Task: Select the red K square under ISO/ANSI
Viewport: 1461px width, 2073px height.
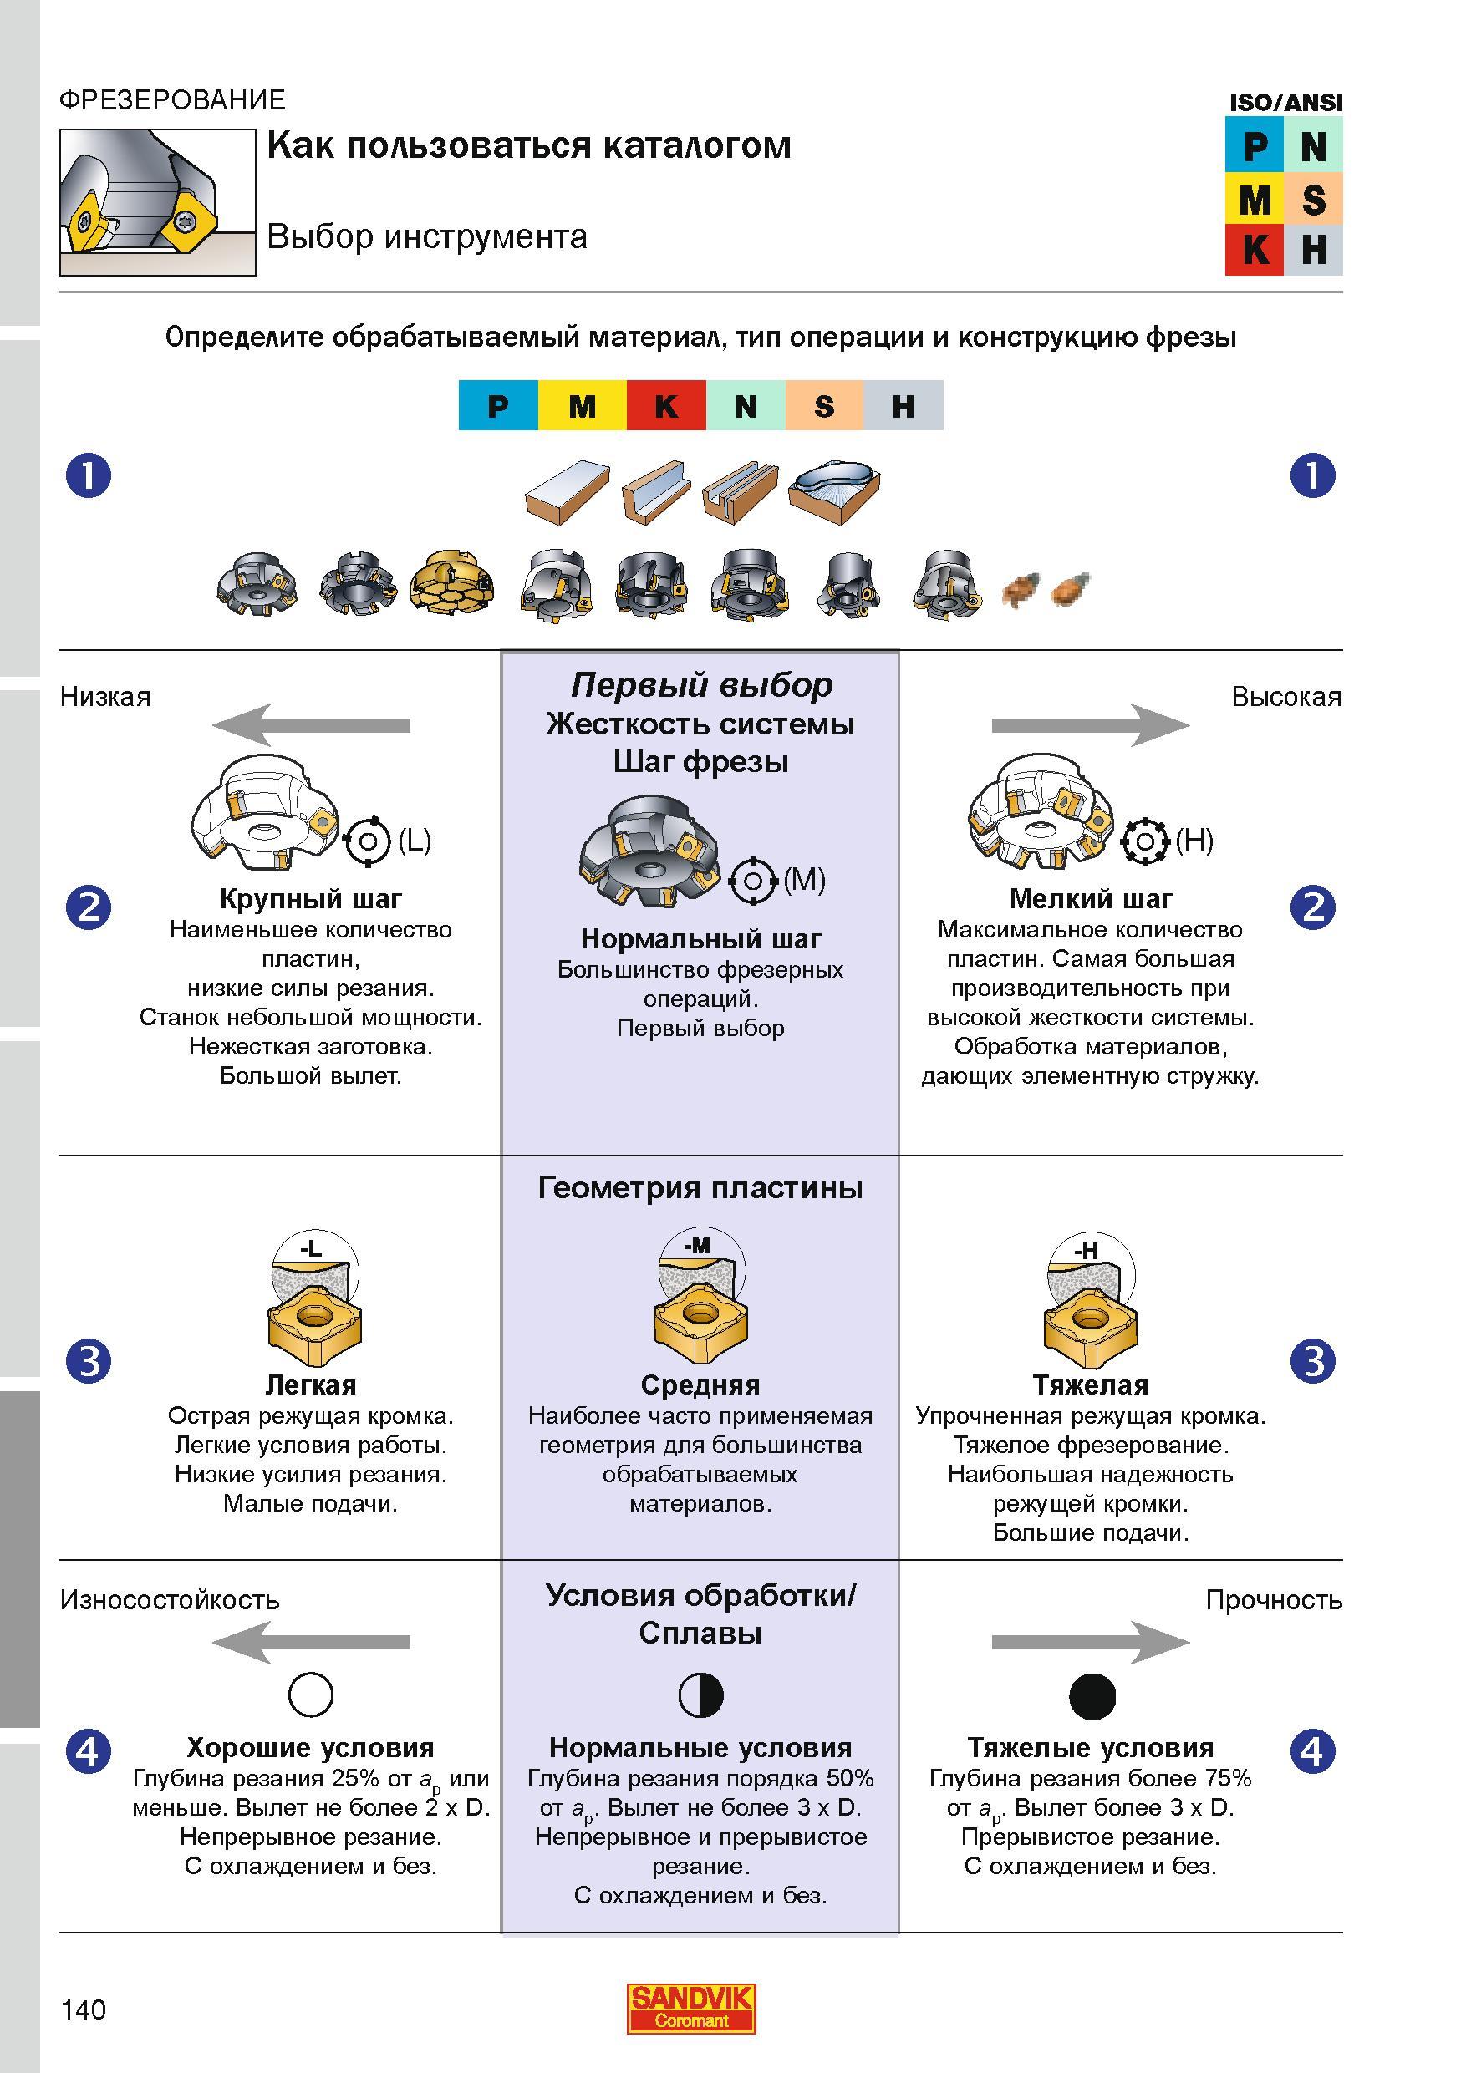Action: click(x=1254, y=249)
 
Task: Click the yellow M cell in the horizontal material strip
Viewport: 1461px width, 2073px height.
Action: click(x=583, y=405)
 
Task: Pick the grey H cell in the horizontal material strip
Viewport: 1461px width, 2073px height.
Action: click(x=903, y=405)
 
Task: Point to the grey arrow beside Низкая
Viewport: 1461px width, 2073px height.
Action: click(x=311, y=725)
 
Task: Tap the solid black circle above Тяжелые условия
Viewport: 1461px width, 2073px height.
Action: click(x=1092, y=1694)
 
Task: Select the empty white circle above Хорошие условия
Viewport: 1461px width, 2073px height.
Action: click(x=311, y=1694)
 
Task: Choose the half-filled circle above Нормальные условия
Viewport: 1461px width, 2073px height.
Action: click(x=700, y=1694)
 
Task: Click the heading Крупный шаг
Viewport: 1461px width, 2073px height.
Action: click(x=311, y=898)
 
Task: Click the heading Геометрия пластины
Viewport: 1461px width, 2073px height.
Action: click(x=700, y=1187)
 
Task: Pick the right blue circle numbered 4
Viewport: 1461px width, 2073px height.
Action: click(x=1312, y=1751)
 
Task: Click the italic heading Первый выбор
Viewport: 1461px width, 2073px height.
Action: click(x=701, y=685)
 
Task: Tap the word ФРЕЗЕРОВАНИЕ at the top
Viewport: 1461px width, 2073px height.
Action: click(x=172, y=99)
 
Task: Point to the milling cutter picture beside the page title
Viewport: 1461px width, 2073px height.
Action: click(x=158, y=202)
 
